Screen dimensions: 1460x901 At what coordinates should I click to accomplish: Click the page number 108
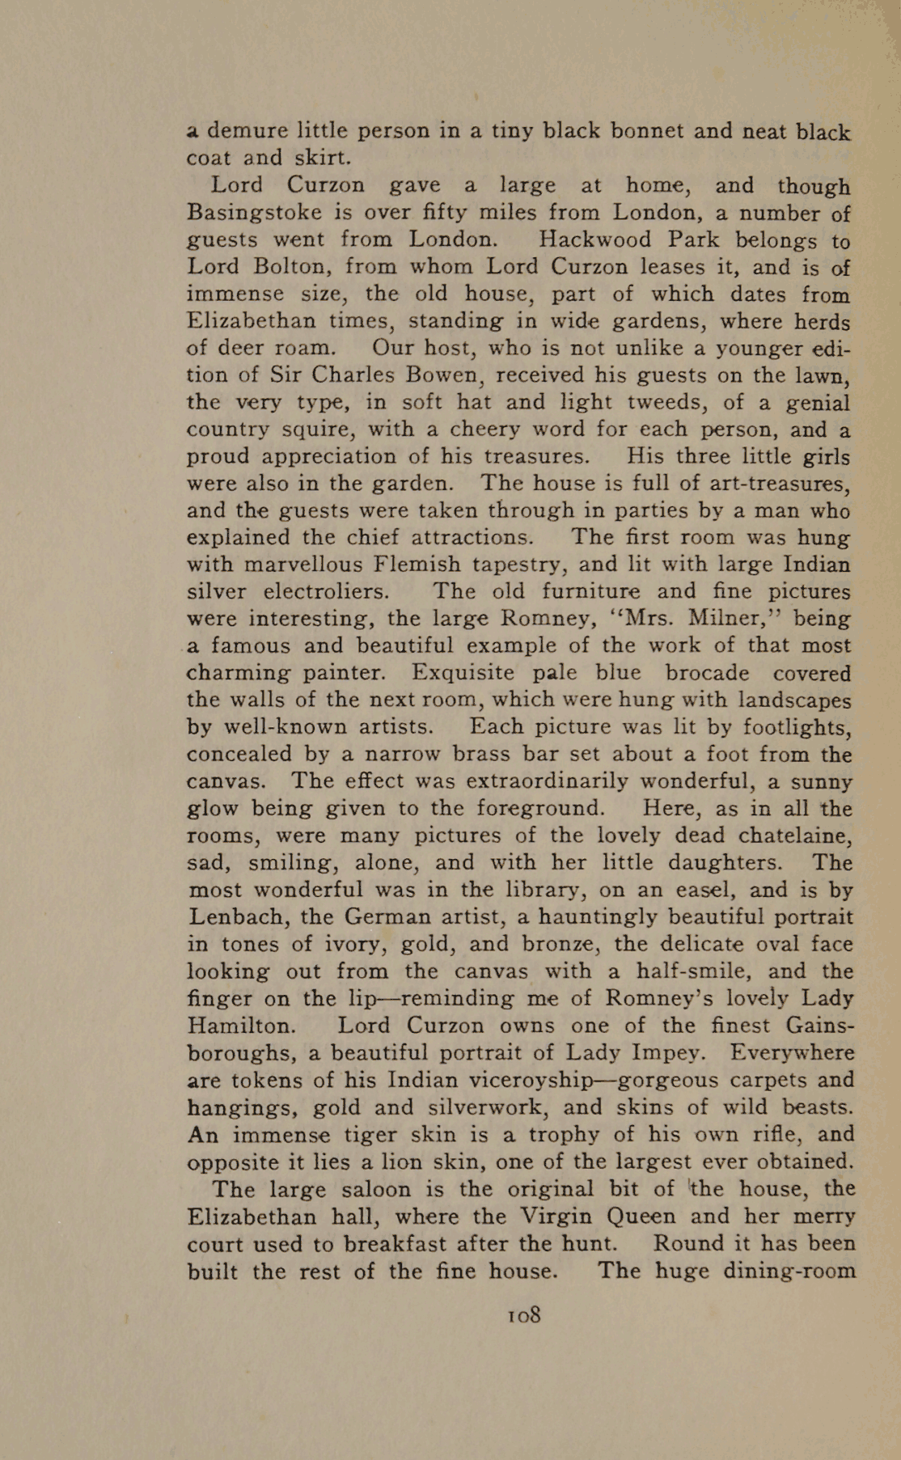tap(524, 1315)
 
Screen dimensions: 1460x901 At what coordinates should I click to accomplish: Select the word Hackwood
tap(595, 240)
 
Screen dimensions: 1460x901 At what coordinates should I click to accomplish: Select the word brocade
tap(707, 673)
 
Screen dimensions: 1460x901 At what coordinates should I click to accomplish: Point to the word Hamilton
tap(241, 1026)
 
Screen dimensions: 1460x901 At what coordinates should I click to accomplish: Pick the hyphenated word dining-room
tap(789, 1271)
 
